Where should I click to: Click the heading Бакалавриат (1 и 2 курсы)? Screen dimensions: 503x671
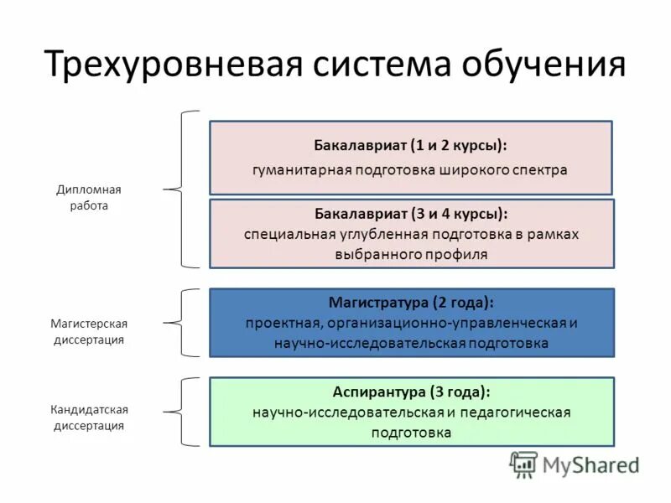pyautogui.click(x=410, y=144)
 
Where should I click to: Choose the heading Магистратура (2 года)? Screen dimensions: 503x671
pyautogui.click(x=411, y=301)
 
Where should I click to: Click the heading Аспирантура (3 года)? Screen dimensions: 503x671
pyautogui.click(x=411, y=391)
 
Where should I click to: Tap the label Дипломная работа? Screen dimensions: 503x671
pyautogui.click(x=89, y=197)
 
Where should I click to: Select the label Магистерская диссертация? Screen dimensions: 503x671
pyautogui.click(x=89, y=331)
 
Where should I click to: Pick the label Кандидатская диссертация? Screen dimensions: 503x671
pyautogui.click(x=89, y=417)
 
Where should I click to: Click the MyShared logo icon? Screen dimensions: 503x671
pyautogui.click(x=523, y=464)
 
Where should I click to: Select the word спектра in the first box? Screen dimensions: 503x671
pyautogui.click(x=538, y=170)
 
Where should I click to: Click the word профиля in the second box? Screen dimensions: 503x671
pyautogui.click(x=457, y=253)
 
